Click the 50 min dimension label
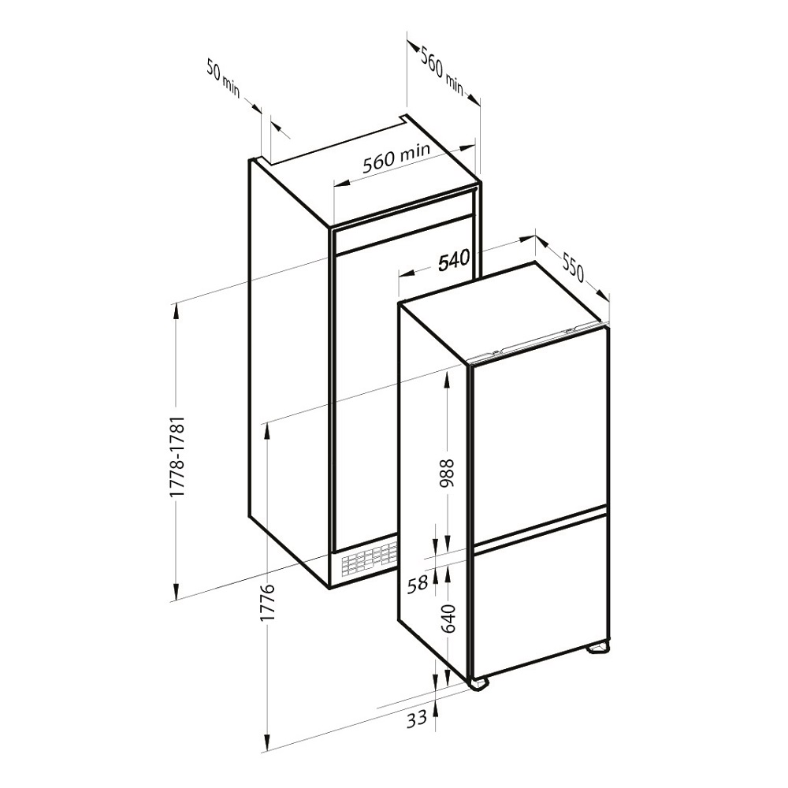[224, 78]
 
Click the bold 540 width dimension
[454, 260]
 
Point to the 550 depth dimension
[572, 267]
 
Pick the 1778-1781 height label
[178, 456]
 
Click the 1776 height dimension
[269, 602]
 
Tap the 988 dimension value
[445, 474]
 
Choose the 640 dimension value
[446, 619]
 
